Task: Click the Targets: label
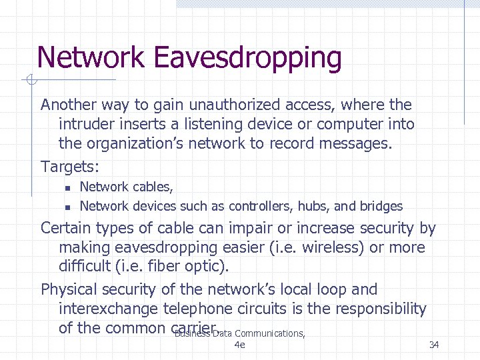pos(69,165)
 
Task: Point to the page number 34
pos(434,345)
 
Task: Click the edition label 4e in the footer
pos(240,345)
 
